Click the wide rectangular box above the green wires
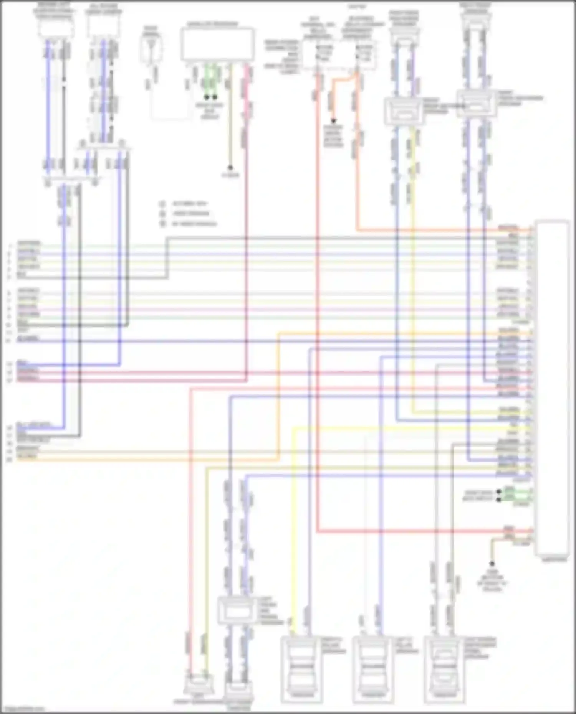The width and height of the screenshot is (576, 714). [217, 45]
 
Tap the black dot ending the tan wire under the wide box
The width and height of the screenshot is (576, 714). [230, 168]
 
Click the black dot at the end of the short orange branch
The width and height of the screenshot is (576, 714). [333, 120]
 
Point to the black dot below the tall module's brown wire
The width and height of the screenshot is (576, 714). [492, 564]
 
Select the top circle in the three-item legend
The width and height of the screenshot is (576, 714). [162, 204]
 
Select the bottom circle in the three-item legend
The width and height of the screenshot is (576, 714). [162, 224]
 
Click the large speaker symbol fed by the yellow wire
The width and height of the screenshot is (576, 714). [301, 669]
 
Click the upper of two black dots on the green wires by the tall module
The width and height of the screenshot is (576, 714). [499, 491]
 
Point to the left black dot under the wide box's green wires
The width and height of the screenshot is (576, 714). [207, 97]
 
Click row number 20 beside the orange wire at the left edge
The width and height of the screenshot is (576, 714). [9, 459]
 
